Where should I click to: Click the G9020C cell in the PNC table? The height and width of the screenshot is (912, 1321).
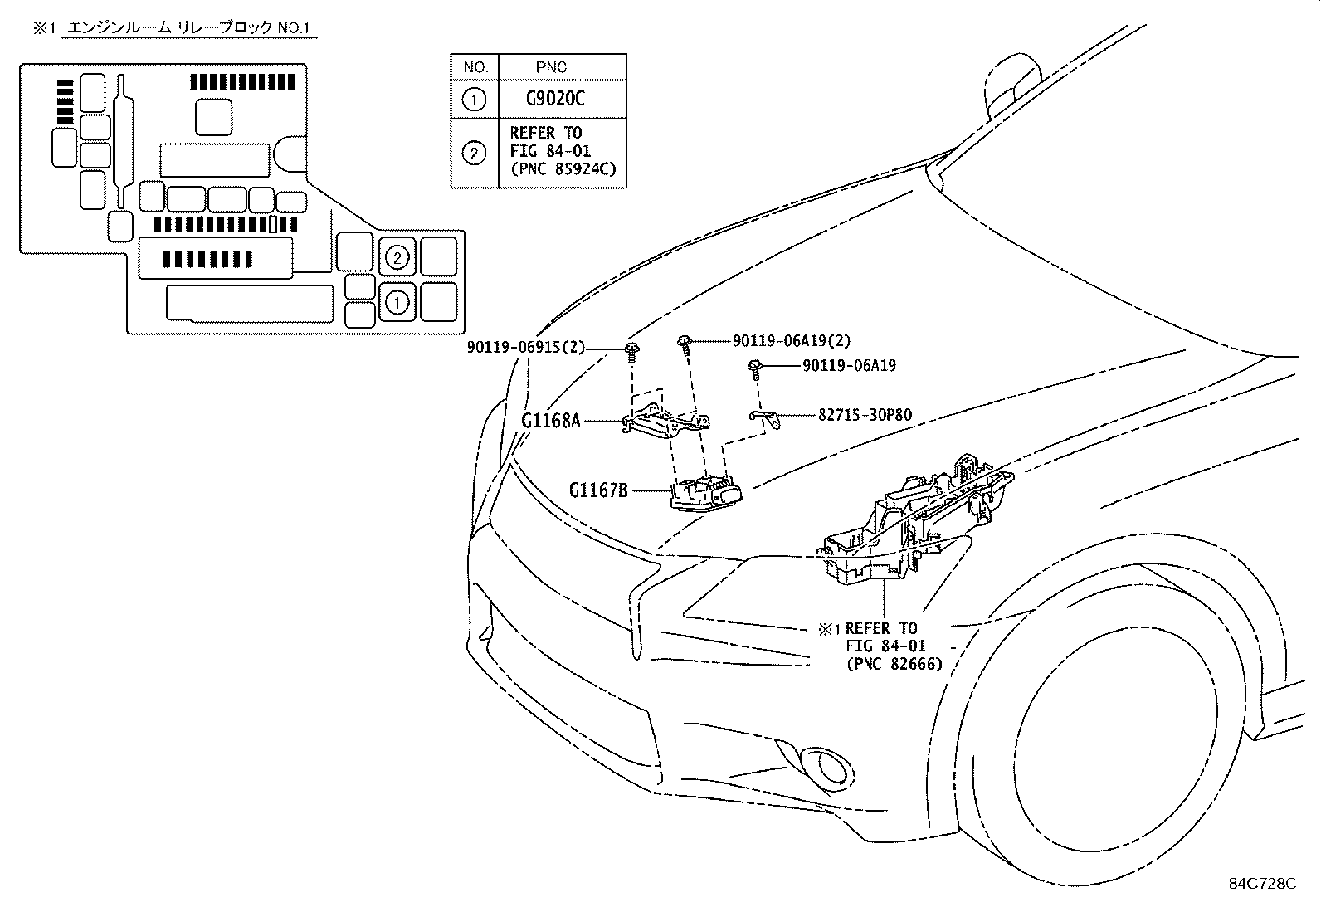click(555, 99)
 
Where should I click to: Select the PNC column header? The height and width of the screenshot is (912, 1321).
click(551, 67)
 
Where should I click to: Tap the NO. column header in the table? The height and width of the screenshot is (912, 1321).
click(475, 67)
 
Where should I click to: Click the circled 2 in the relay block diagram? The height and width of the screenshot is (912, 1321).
click(397, 257)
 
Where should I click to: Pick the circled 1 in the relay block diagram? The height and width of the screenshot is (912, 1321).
click(397, 303)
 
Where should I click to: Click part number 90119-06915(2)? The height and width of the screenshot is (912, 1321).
click(525, 347)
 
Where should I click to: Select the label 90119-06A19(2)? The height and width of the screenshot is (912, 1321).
click(792, 340)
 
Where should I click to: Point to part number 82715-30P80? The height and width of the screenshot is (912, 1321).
click(865, 415)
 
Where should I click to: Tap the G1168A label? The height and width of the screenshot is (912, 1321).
click(551, 421)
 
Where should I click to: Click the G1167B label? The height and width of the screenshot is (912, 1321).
click(598, 490)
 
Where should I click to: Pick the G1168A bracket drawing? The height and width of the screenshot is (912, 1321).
click(665, 420)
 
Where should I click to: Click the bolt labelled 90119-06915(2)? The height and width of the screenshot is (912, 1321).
click(631, 353)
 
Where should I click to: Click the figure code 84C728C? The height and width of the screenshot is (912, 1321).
click(1262, 883)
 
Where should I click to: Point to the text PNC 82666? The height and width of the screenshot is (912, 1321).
click(894, 664)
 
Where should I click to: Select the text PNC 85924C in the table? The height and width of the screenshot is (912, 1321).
click(563, 169)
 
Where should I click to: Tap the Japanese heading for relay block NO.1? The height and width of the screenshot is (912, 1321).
click(188, 27)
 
